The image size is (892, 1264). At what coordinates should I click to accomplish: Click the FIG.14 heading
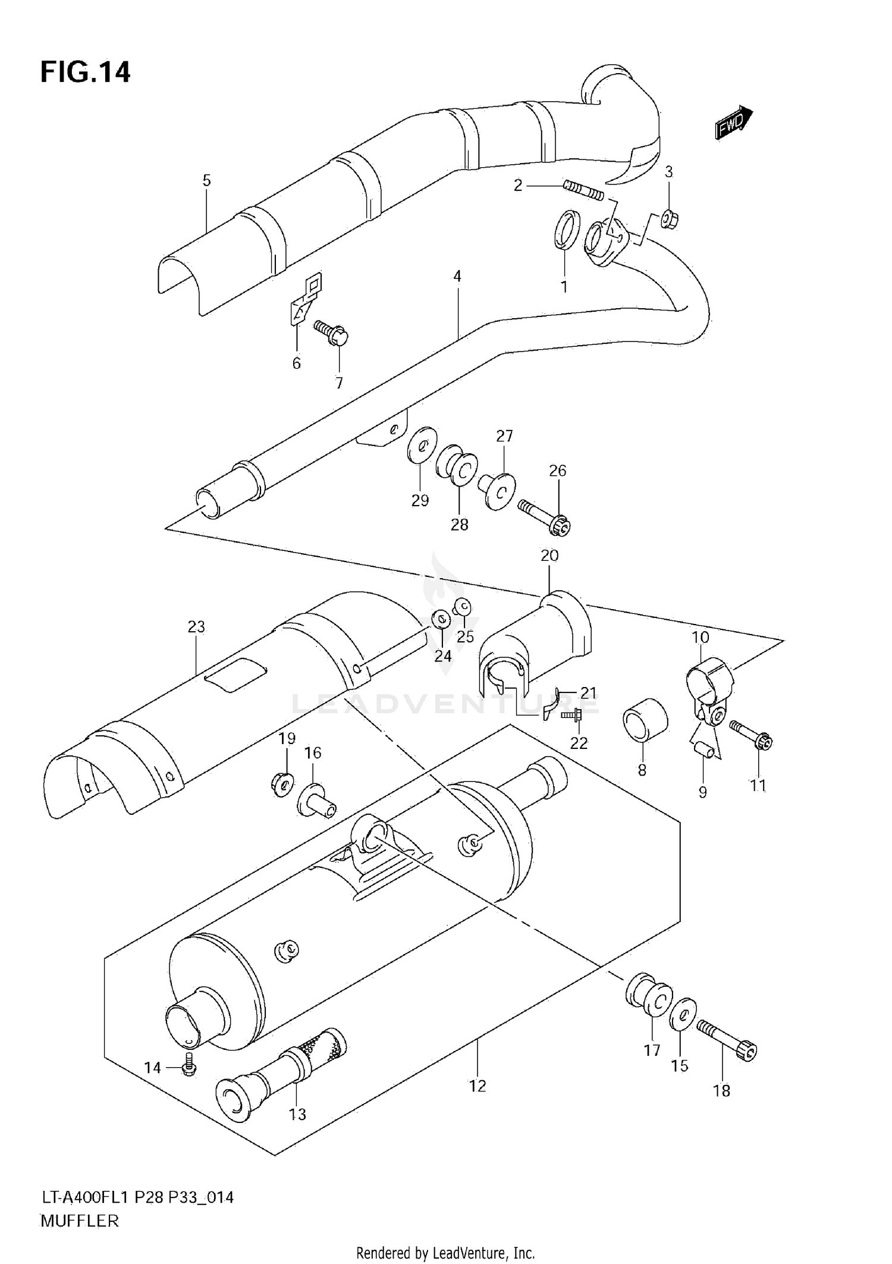85,72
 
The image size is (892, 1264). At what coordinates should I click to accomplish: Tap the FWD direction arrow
733,123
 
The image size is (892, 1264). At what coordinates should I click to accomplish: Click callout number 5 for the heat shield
206,180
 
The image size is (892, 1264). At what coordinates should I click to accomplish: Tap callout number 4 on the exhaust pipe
457,276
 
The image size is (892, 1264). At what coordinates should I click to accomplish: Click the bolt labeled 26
545,516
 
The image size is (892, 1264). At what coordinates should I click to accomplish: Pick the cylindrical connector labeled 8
645,720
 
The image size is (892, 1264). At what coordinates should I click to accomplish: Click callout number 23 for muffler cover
196,626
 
